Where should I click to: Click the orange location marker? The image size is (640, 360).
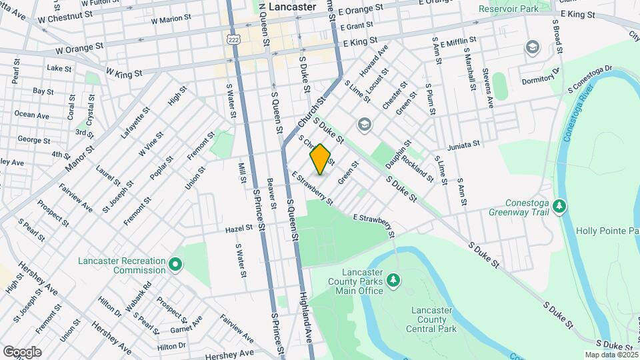pyautogui.click(x=320, y=159)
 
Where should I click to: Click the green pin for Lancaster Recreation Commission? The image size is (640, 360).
pyautogui.click(x=175, y=265)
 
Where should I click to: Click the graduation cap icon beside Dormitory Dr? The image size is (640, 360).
pyautogui.click(x=532, y=47)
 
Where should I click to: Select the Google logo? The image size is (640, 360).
pyautogui.click(x=22, y=351)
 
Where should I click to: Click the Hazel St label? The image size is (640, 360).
pyautogui.click(x=239, y=228)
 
